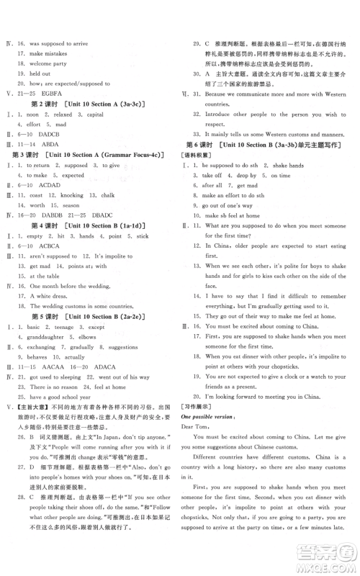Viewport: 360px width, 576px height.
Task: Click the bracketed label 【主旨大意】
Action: (x=27, y=407)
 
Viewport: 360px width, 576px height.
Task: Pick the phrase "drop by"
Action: (x=246, y=195)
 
